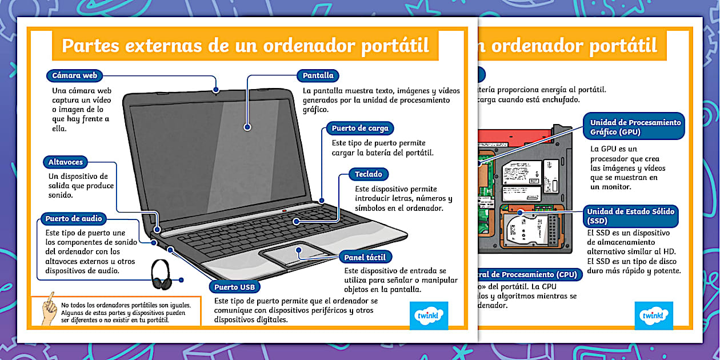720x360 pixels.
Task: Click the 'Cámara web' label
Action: click(x=74, y=75)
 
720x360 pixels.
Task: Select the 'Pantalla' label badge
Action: click(x=318, y=75)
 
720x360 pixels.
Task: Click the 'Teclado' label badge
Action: click(x=369, y=174)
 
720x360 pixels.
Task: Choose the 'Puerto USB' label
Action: click(x=235, y=287)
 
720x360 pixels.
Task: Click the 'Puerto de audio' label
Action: click(x=74, y=218)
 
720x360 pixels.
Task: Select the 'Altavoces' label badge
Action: click(x=65, y=162)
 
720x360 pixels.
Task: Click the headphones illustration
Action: click(x=162, y=275)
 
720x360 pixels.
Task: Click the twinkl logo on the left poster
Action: click(x=429, y=315)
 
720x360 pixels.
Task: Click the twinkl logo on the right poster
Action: click(x=653, y=315)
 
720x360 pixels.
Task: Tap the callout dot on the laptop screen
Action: click(x=247, y=127)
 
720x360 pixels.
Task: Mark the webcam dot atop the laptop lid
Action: click(x=216, y=89)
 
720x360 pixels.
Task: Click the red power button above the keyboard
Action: click(x=285, y=211)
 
